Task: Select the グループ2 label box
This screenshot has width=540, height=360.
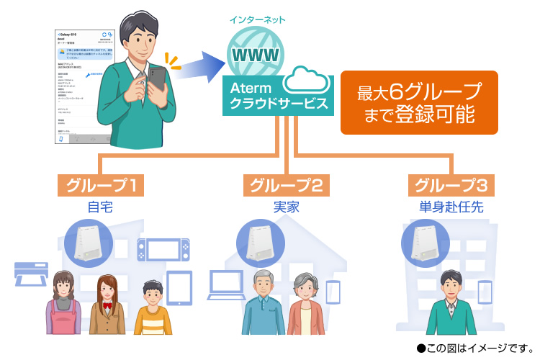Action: click(x=286, y=185)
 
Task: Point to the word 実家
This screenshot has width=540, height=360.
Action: click(x=286, y=207)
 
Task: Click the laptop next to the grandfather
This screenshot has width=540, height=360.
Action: click(x=225, y=284)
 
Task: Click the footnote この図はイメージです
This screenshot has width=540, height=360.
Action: click(x=474, y=348)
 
